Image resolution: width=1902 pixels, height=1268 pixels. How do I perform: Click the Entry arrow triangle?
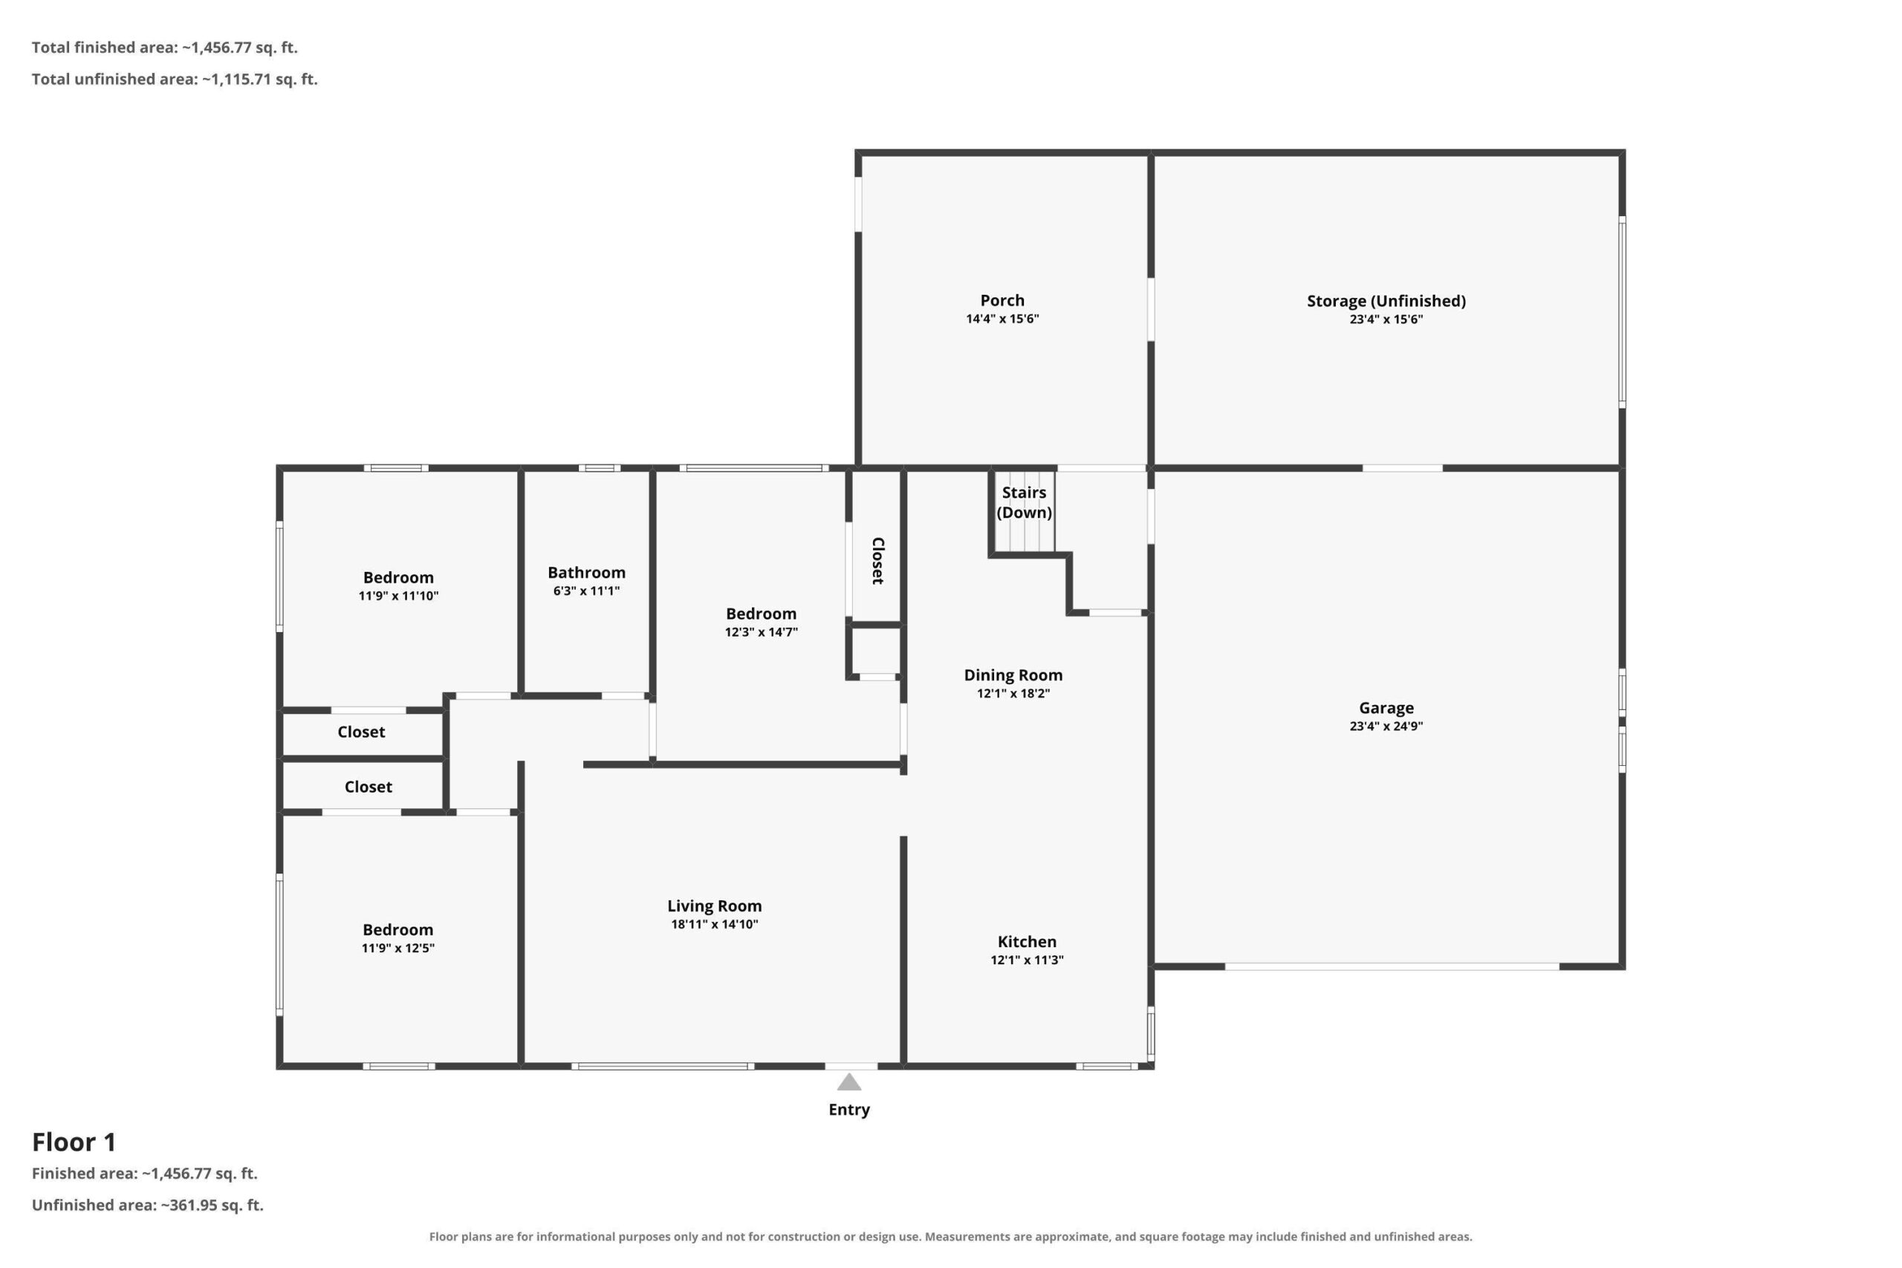[848, 1082]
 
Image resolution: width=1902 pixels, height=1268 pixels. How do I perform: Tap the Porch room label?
[1002, 300]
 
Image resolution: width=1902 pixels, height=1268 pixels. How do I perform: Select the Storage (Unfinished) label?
[1386, 301]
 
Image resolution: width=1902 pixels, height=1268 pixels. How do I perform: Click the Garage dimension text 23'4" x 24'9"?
[1386, 726]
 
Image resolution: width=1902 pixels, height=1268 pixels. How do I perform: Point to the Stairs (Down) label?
[1024, 502]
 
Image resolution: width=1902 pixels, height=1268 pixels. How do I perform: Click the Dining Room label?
[1013, 674]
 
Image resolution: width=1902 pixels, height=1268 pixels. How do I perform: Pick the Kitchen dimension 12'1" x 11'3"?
[1027, 960]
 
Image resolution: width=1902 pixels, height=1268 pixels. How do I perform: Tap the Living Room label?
[714, 906]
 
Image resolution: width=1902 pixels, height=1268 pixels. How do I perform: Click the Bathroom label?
[586, 573]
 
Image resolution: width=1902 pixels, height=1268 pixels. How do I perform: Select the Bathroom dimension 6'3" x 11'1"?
[586, 591]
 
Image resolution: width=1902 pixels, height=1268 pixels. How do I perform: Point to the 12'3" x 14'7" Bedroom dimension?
[761, 632]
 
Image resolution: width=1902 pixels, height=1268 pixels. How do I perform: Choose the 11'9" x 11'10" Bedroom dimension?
[399, 596]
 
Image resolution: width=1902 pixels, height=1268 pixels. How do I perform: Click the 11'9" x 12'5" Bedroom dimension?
[398, 948]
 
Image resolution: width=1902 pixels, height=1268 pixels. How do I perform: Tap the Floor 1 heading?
[74, 1142]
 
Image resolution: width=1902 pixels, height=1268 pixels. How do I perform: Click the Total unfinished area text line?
[175, 79]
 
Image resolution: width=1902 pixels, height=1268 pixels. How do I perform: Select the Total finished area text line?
[165, 48]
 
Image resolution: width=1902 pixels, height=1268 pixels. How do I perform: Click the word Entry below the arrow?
[849, 1110]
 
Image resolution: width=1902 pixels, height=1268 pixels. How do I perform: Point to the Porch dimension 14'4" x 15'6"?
[1002, 319]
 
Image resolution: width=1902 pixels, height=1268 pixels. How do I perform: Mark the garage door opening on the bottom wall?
[1392, 966]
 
